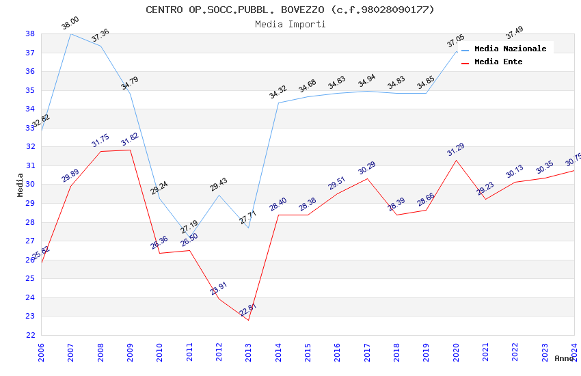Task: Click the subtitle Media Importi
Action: pos(290,24)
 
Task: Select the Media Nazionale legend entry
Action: pos(510,49)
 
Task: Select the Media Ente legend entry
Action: pos(498,62)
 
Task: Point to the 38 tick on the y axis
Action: pos(30,33)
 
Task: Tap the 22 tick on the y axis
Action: pos(30,335)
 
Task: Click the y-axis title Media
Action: pos(21,185)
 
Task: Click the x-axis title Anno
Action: pos(564,358)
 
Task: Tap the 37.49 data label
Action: pos(514,32)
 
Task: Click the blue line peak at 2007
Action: pos(71,33)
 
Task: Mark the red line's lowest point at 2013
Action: pos(249,320)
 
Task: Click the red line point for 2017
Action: pos(367,179)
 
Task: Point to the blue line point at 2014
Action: pos(278,103)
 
